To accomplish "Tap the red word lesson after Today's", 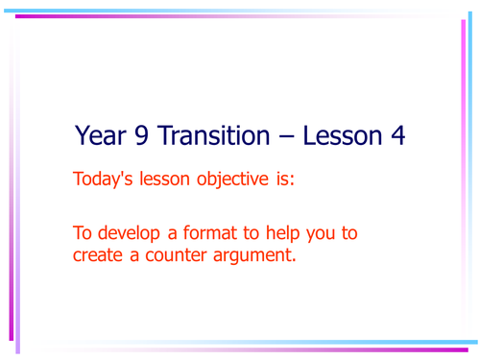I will pyautogui.click(x=165, y=180).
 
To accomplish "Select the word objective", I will pyautogui.click(x=233, y=180).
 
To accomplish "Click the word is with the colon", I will pyautogui.click(x=285, y=180).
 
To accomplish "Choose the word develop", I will pyautogui.click(x=130, y=235).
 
